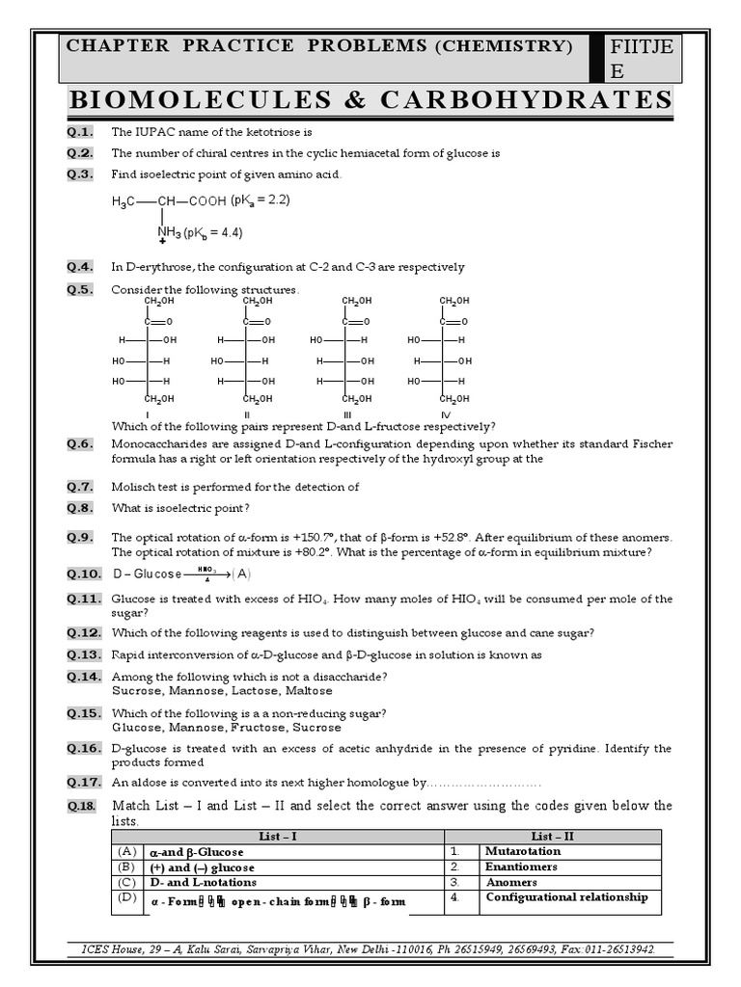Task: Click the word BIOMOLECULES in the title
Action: [x=184, y=100]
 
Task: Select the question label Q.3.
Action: [x=80, y=174]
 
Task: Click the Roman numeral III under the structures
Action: [x=346, y=414]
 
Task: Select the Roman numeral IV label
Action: [x=446, y=414]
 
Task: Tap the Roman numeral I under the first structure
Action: [x=147, y=414]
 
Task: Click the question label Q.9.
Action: [x=80, y=537]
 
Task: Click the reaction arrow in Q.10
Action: [x=205, y=574]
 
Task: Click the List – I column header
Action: [x=278, y=837]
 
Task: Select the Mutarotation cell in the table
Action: [x=523, y=852]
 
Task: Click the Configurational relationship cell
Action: [x=566, y=897]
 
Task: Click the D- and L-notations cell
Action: [x=202, y=882]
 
